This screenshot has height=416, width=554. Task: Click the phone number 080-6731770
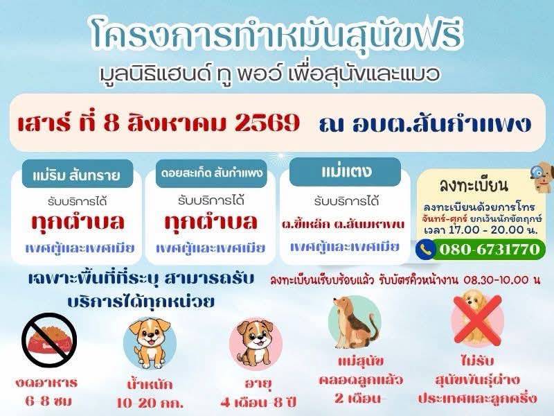(x=490, y=250)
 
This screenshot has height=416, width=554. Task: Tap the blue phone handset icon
(x=425, y=250)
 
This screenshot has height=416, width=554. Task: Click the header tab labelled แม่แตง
(x=345, y=172)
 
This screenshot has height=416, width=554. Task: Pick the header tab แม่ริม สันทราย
(x=77, y=175)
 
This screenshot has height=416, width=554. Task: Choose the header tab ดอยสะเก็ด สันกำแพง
(x=211, y=174)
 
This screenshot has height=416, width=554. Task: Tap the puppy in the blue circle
(x=150, y=342)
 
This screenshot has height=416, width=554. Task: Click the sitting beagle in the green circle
(x=355, y=322)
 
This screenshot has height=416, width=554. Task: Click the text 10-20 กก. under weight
(x=150, y=403)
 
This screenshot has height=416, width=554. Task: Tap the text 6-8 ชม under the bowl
(x=48, y=401)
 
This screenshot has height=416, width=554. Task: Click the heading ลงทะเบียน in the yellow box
(x=474, y=186)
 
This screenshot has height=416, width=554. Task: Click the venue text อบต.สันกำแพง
(x=442, y=123)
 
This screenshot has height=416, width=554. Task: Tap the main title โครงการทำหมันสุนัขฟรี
(x=276, y=35)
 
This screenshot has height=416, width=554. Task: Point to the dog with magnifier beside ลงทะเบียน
(x=542, y=177)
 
